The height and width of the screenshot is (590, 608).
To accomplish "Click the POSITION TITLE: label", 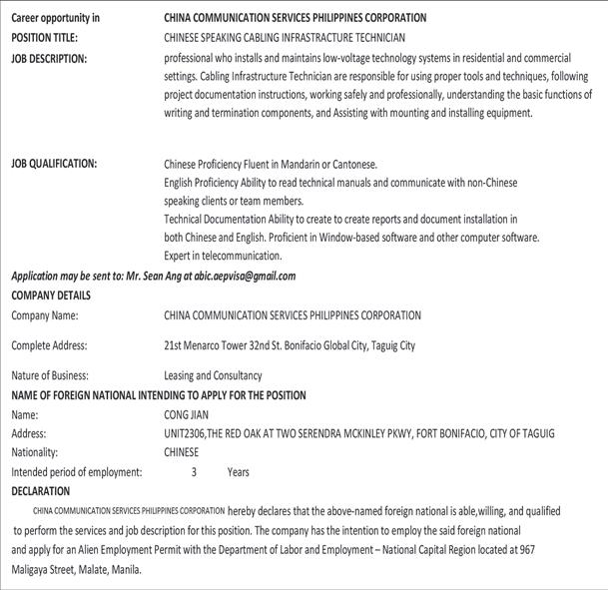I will click(x=45, y=38).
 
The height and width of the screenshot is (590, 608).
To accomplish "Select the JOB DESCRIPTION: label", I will click(x=50, y=59).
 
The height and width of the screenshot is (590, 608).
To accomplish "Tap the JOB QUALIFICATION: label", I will click(x=54, y=164).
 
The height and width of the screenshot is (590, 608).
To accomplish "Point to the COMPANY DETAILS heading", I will click(x=51, y=295).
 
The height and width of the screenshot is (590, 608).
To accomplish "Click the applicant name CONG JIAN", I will click(x=188, y=414).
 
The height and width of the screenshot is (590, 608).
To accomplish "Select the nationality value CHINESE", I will click(x=182, y=452).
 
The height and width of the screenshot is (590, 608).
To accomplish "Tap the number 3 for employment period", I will click(x=194, y=472).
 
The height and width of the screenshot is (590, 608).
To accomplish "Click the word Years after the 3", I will click(x=238, y=472).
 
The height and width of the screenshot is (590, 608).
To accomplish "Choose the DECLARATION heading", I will click(x=41, y=491).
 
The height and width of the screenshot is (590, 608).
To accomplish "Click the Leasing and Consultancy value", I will click(x=213, y=376).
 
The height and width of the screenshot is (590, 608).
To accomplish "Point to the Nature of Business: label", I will click(x=50, y=376).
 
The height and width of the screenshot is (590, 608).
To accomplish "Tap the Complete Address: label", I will click(x=49, y=345).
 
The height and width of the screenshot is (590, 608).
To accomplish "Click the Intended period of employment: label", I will click(x=77, y=472).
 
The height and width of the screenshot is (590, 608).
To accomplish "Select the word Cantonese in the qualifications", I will click(x=348, y=164).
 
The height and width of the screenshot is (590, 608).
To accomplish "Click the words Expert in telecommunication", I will click(x=223, y=256).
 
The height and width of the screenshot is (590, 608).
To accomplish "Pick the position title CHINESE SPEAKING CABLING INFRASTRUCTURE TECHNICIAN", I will click(x=285, y=38).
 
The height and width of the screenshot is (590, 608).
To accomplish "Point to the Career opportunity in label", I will click(x=56, y=18).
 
